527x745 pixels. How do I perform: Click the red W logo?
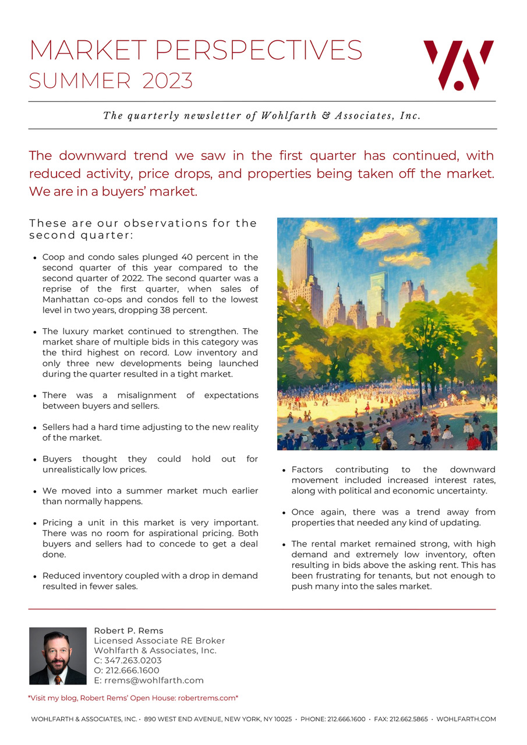[x=458, y=65]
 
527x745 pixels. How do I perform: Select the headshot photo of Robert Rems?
[x=58, y=655]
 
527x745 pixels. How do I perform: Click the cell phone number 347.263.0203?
[x=133, y=661]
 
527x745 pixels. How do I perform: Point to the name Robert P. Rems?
[x=129, y=630]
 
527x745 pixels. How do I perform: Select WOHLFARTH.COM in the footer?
[x=466, y=719]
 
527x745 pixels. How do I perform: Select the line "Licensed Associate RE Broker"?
[x=159, y=641]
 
